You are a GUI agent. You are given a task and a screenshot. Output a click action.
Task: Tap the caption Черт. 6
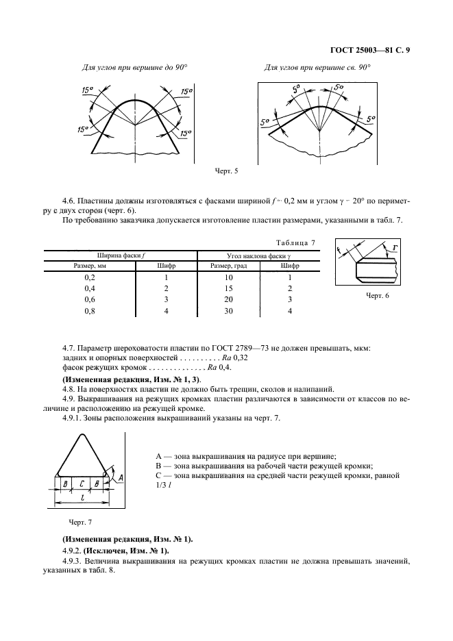tap(375, 296)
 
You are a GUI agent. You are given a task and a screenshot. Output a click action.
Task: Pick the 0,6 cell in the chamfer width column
tap(89, 299)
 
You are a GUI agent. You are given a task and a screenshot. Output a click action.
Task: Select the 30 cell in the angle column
tap(228, 311)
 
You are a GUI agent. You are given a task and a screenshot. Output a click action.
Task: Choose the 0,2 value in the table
tap(89, 277)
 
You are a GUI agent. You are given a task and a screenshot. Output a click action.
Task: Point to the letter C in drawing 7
tap(82, 483)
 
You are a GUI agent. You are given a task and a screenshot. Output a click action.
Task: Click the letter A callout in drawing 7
tap(121, 476)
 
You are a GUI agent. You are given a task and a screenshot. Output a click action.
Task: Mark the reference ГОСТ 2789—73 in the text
tap(223, 348)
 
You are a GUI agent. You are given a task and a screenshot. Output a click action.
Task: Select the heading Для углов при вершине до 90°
tap(134, 68)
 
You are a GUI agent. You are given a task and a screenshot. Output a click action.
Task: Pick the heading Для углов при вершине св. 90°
tap(317, 68)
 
